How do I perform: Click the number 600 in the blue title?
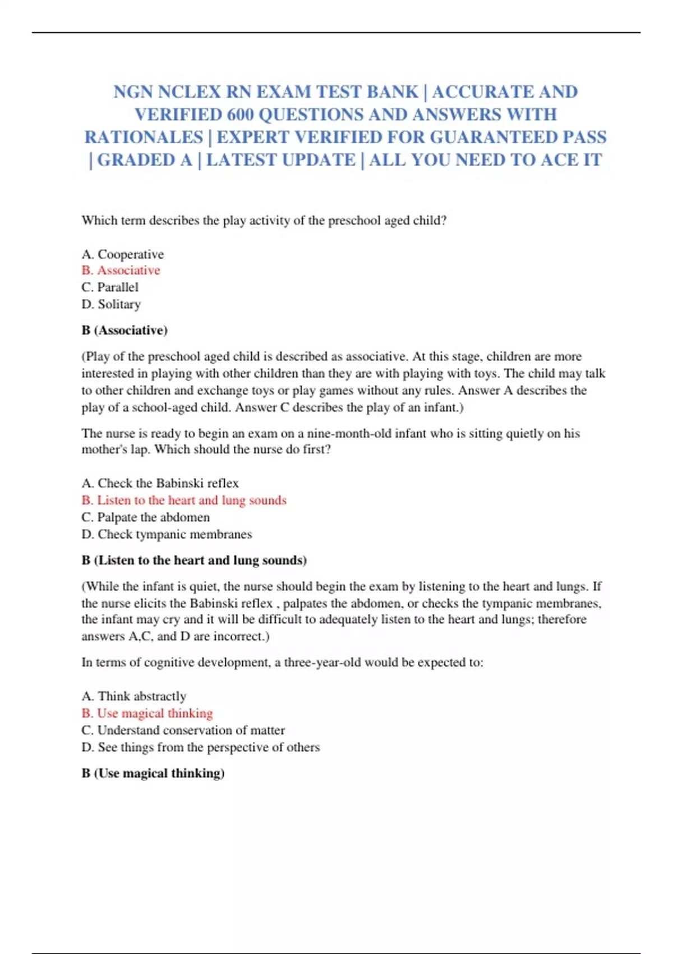(x=241, y=114)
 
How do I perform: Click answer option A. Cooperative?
(x=123, y=254)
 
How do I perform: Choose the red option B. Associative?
(x=121, y=270)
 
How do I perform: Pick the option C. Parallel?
(x=110, y=287)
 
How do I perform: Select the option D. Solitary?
(x=111, y=304)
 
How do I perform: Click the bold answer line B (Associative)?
(x=125, y=330)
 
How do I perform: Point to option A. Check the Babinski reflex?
(x=160, y=483)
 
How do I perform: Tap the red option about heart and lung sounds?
(x=184, y=500)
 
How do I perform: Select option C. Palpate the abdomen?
(x=146, y=517)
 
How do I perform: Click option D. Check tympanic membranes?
(x=167, y=534)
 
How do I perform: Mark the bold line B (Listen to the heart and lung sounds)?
(x=194, y=560)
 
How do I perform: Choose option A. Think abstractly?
(x=134, y=696)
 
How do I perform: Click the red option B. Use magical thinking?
(x=147, y=713)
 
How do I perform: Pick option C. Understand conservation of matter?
(x=183, y=730)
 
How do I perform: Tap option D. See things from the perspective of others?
(x=201, y=747)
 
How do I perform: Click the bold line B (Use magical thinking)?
(x=153, y=773)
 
